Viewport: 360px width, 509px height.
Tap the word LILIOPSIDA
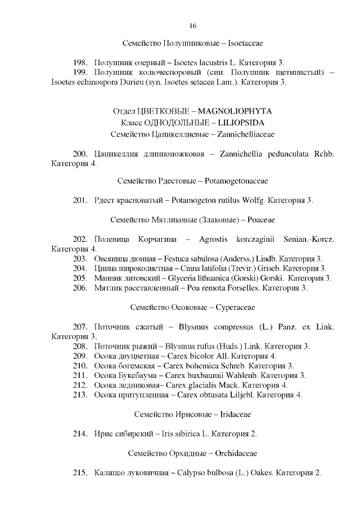pos(235,123)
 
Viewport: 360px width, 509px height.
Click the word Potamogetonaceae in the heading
pos(237,181)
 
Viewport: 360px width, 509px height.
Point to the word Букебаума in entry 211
pos(132,375)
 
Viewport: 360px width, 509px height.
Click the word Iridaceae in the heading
pos(232,414)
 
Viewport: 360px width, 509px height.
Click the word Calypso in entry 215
pos(193,472)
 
